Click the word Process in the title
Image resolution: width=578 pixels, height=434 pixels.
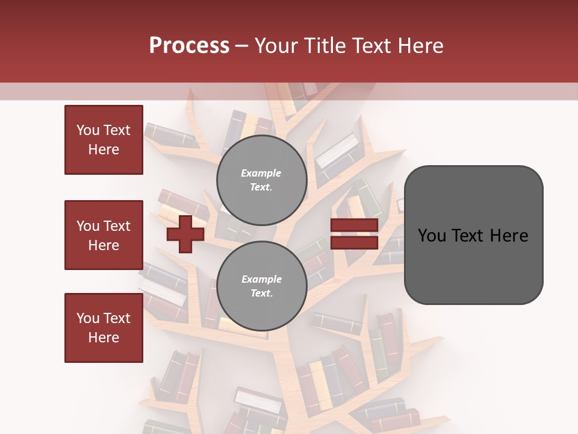tap(189, 46)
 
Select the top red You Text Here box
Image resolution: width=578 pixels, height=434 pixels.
tap(104, 140)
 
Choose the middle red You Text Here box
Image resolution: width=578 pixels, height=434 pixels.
tap(104, 235)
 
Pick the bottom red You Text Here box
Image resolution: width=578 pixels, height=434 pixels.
tap(104, 328)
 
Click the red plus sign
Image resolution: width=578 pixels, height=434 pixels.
tap(185, 234)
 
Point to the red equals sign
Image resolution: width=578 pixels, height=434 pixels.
tap(354, 234)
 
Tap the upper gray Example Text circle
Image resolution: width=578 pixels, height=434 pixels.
tap(261, 180)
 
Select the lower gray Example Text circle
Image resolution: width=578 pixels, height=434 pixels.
tap(261, 286)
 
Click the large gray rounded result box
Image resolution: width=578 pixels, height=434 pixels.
tap(473, 234)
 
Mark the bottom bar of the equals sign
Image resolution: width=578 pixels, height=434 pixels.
tap(354, 243)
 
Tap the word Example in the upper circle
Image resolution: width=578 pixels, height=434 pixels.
tap(261, 173)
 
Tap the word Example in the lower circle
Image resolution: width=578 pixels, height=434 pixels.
tap(261, 279)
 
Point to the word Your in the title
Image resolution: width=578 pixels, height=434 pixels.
tap(277, 46)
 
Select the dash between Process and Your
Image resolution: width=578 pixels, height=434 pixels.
tap(242, 46)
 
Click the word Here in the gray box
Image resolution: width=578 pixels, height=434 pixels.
tap(509, 236)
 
